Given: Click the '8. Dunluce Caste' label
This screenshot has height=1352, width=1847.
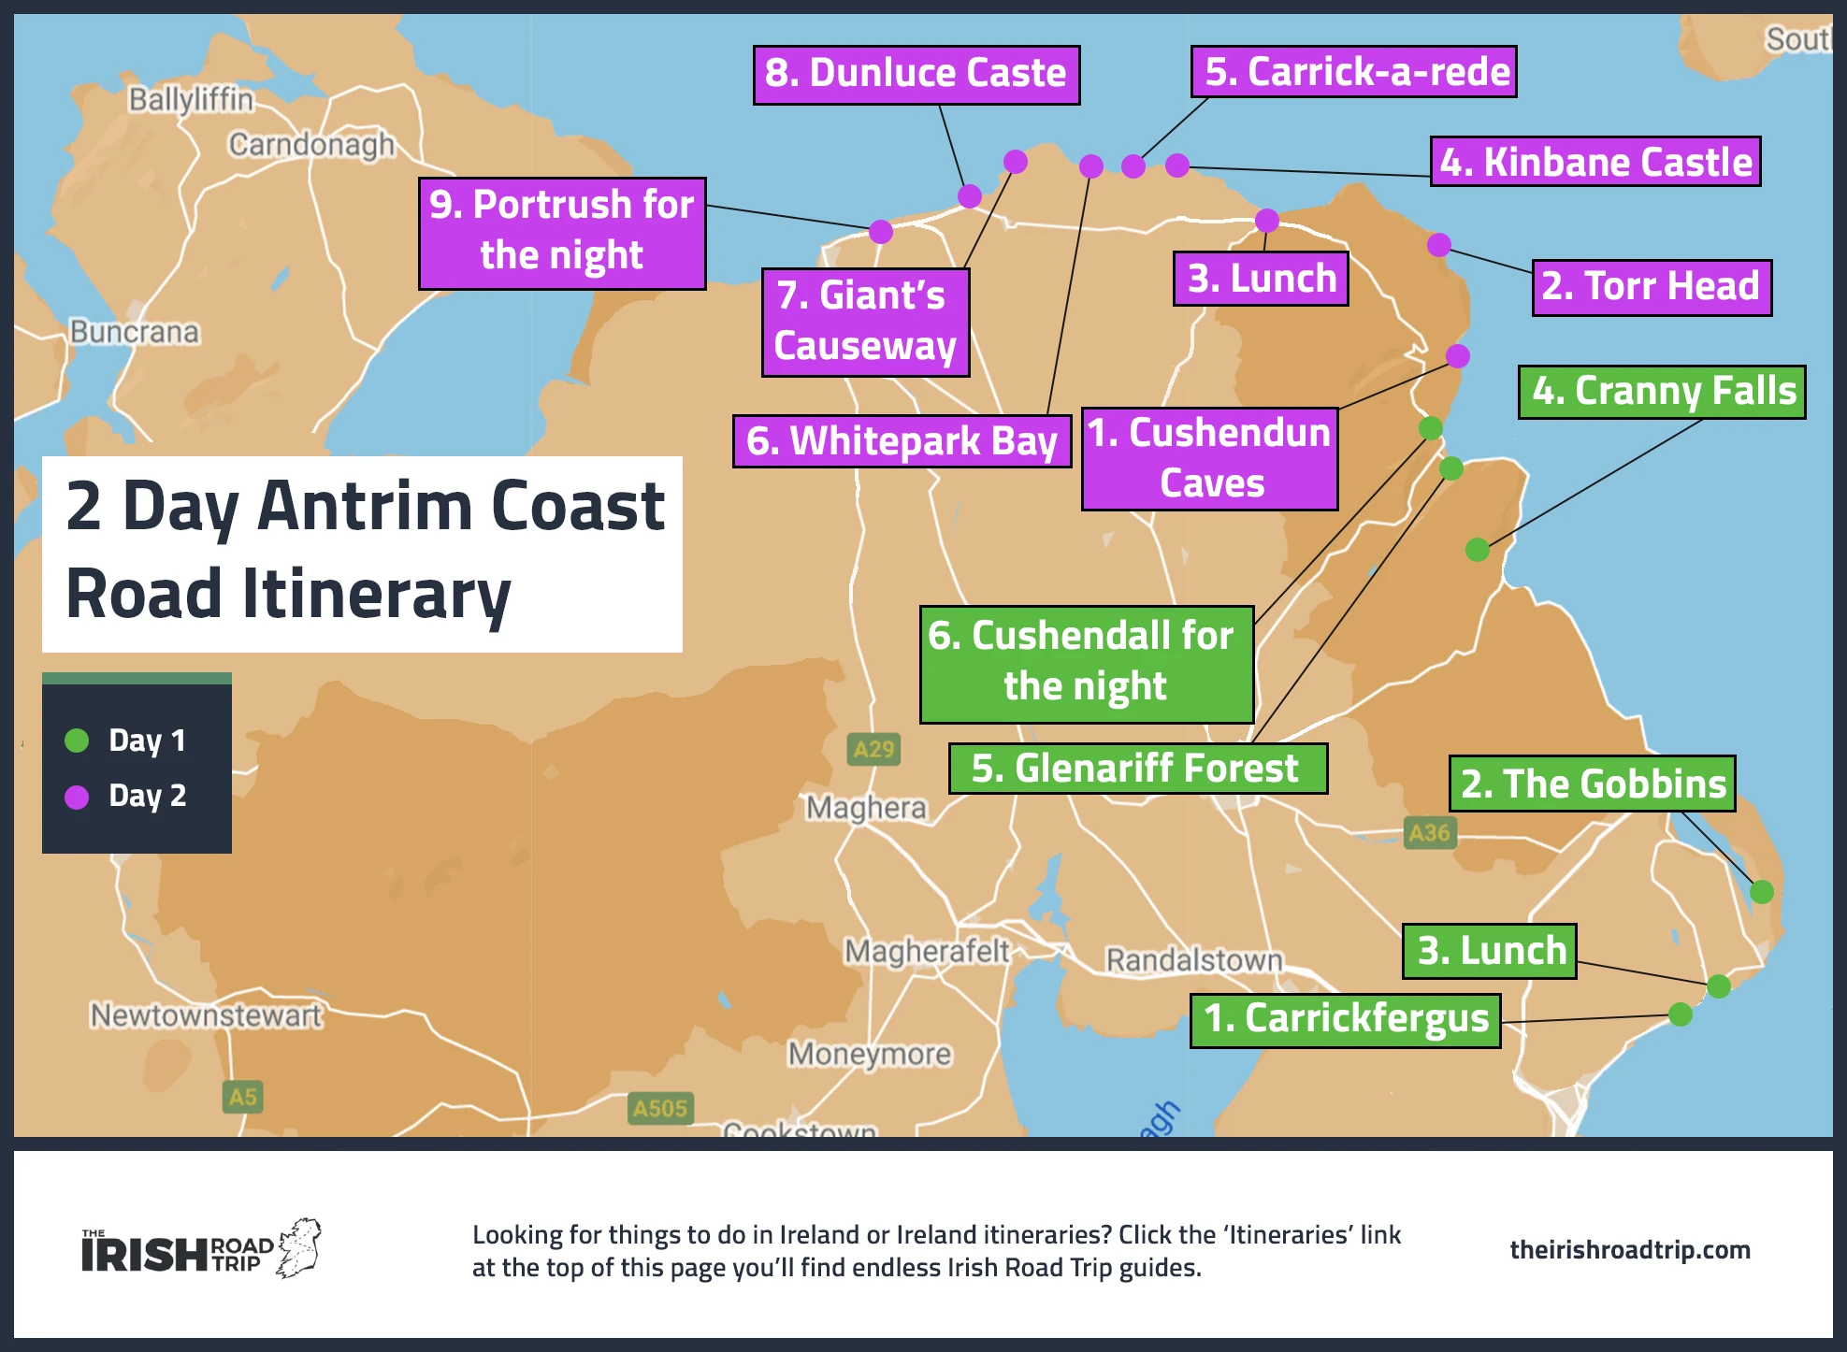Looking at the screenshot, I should pyautogui.click(x=916, y=74).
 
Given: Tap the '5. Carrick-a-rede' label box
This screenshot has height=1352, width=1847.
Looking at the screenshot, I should pyautogui.click(x=1353, y=72).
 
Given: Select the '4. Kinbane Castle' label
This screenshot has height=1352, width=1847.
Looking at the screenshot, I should pyautogui.click(x=1594, y=162).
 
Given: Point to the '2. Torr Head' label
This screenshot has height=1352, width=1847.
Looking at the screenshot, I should pyautogui.click(x=1651, y=286).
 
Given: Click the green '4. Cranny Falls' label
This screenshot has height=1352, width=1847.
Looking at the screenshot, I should pyautogui.click(x=1661, y=391).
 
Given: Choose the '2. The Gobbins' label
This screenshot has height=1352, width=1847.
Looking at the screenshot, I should pyautogui.click(x=1592, y=784).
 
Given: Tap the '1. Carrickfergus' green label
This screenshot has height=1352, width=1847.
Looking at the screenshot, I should pyautogui.click(x=1345, y=1019).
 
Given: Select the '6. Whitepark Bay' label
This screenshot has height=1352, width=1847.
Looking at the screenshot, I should pyautogui.click(x=902, y=440).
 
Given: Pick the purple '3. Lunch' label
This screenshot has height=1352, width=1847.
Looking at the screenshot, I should pyautogui.click(x=1261, y=279).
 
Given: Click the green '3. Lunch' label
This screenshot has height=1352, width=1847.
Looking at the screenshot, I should pyautogui.click(x=1490, y=951).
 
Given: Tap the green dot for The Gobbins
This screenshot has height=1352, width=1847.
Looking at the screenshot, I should pyautogui.click(x=1761, y=891).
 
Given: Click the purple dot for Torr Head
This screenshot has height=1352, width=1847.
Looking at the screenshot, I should pyautogui.click(x=1438, y=245).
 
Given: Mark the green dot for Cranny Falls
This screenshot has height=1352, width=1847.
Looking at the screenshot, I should pyautogui.click(x=1477, y=550).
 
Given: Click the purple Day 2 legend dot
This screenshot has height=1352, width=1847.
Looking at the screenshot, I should pyautogui.click(x=77, y=797).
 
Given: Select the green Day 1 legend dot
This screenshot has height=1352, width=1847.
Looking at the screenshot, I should pyautogui.click(x=77, y=741).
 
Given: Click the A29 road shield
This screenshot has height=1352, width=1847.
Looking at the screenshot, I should pyautogui.click(x=873, y=749).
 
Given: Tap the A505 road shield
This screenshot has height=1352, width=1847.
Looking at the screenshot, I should pyautogui.click(x=659, y=1108).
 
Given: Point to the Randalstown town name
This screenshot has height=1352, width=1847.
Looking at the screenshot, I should pyautogui.click(x=1193, y=960).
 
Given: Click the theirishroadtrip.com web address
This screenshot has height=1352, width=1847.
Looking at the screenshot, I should pyautogui.click(x=1629, y=1250).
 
